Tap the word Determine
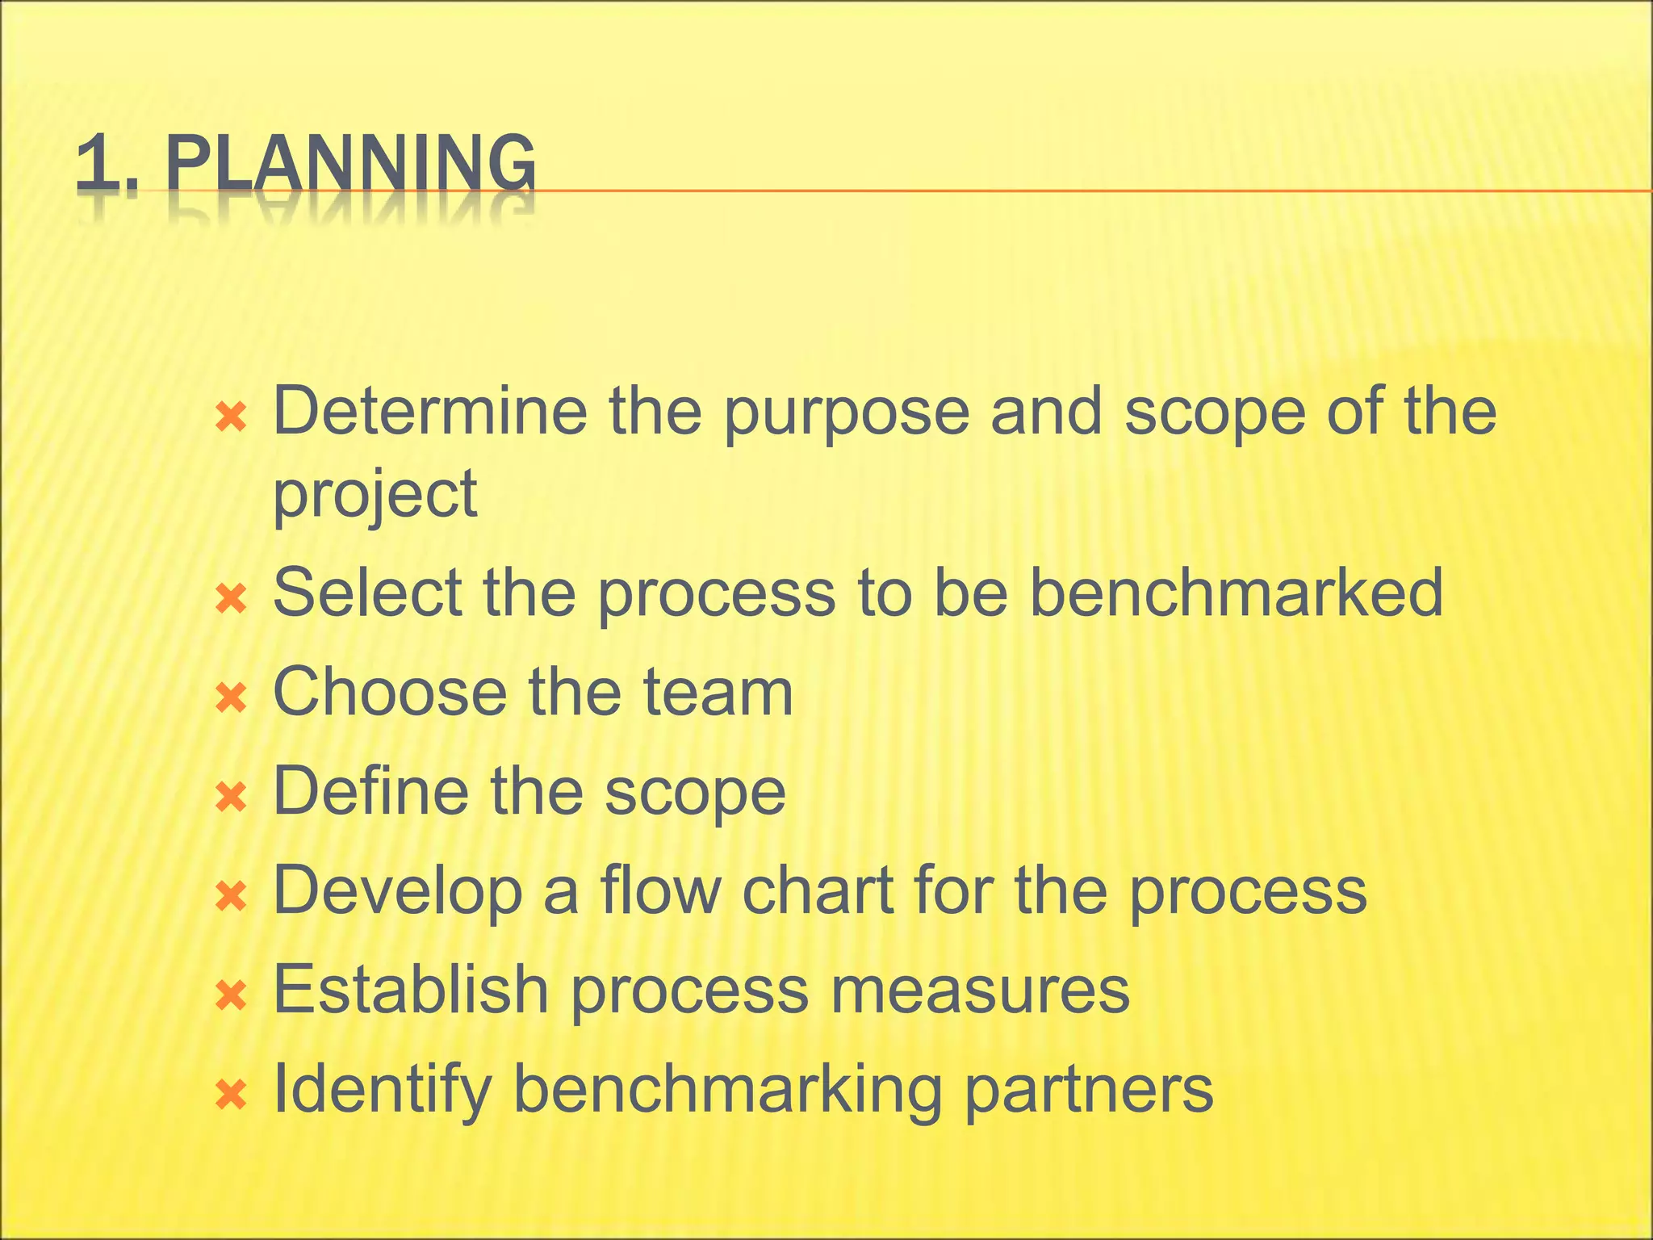[x=430, y=411]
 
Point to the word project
[x=375, y=496]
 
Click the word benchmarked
[x=1237, y=593]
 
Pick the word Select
[x=368, y=593]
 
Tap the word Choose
[x=390, y=692]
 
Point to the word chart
[x=817, y=890]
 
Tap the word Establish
[x=411, y=989]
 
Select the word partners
[x=1088, y=1091]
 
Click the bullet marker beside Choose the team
[x=231, y=697]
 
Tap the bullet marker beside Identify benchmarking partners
[x=231, y=1095]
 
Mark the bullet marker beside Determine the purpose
[x=231, y=417]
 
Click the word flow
[x=659, y=890]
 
